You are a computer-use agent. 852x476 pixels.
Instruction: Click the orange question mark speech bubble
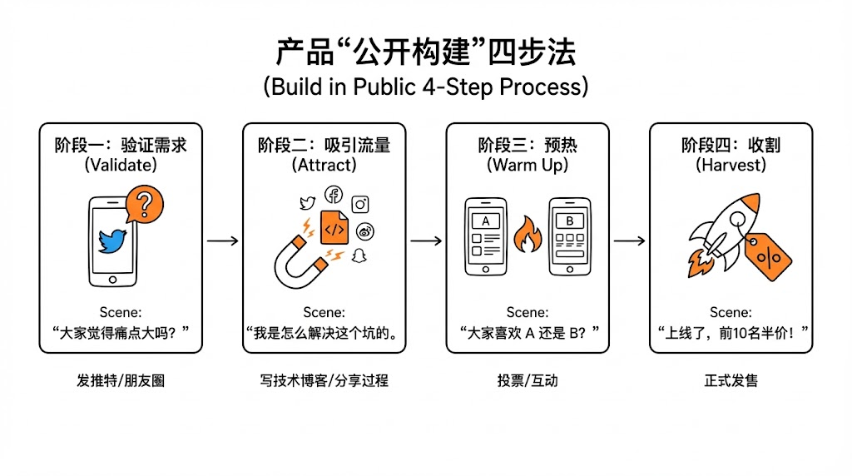click(x=144, y=205)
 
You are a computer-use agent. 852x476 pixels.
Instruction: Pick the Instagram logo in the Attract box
click(x=360, y=204)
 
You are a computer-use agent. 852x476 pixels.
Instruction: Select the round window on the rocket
click(x=736, y=220)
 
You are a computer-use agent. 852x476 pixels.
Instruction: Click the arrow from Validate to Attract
click(x=222, y=241)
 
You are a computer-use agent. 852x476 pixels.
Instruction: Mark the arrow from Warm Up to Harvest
click(x=629, y=241)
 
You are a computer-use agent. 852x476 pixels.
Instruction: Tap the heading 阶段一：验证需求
click(x=121, y=145)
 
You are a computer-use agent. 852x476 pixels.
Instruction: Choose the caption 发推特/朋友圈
click(x=121, y=381)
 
